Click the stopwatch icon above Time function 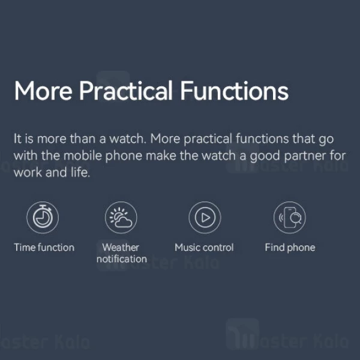pos(43,217)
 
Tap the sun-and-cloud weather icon pos(121,217)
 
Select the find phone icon pos(290,217)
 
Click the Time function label pos(44,247)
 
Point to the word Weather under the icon pos(121,247)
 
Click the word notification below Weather pos(121,259)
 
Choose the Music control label pos(204,247)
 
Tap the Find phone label pos(290,247)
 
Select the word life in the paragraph pos(81,173)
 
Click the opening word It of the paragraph pos(17,139)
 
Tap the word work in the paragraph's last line pos(27,173)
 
